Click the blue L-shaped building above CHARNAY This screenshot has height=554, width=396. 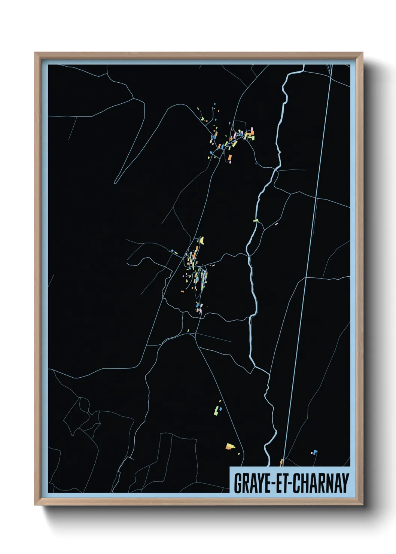[x=315, y=452]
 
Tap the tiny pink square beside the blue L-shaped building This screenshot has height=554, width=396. [x=311, y=453]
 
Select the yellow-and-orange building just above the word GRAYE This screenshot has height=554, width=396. [x=230, y=446]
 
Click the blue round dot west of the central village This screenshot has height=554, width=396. [x=172, y=250]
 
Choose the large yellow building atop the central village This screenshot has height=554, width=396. [x=201, y=240]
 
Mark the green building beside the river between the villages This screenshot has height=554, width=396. [x=256, y=221]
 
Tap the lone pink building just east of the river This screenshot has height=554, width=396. [x=277, y=224]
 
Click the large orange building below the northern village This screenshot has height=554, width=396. [x=230, y=158]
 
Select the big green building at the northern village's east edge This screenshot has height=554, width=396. [x=252, y=137]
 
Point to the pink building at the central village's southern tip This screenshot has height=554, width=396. [x=200, y=310]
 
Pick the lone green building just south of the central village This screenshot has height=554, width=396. [x=188, y=331]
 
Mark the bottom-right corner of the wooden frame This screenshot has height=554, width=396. [x=362, y=505]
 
